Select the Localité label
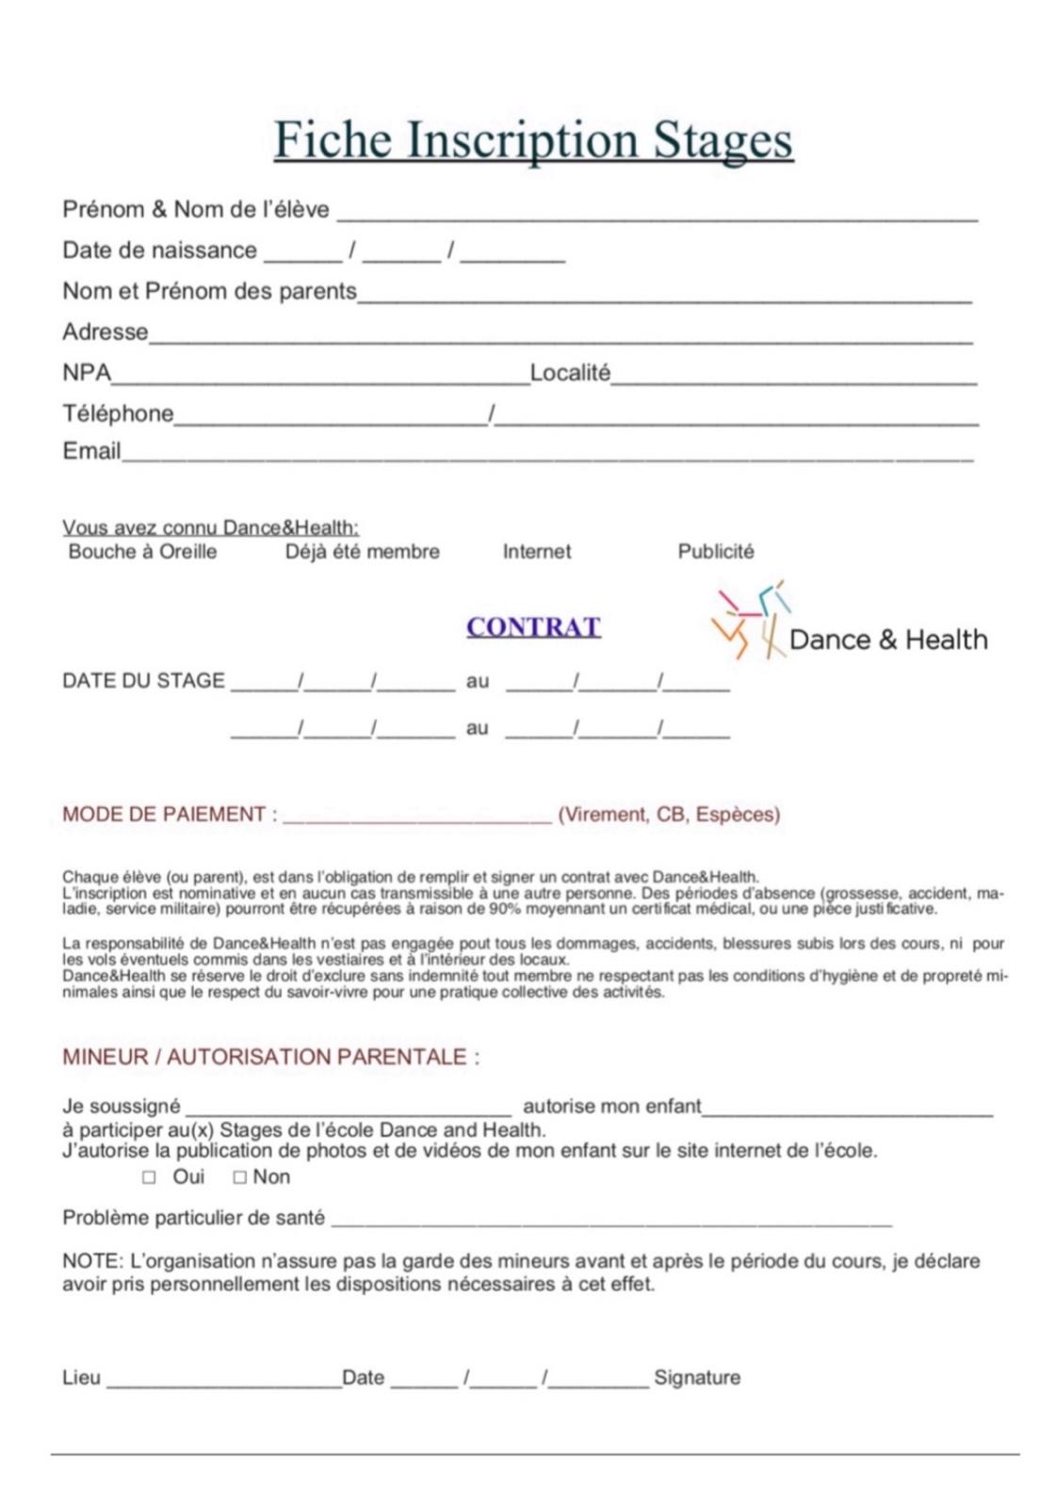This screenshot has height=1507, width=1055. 570,373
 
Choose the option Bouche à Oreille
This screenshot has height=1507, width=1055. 142,552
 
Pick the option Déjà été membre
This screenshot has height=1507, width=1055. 362,552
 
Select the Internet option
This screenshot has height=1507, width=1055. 536,552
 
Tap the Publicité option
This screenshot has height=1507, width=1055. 716,552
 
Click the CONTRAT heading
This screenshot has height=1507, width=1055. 533,627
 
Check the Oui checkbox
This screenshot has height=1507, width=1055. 149,1177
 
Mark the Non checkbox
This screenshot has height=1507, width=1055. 240,1177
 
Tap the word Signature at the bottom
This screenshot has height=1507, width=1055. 697,1378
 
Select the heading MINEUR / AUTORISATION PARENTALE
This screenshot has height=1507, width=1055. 270,1057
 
